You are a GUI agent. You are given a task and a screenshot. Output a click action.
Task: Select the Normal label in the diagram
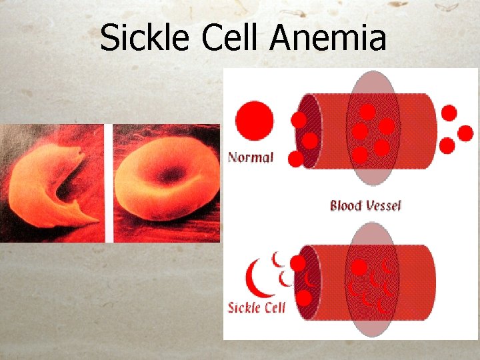(251, 158)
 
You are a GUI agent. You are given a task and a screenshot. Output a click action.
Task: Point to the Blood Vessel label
(365, 205)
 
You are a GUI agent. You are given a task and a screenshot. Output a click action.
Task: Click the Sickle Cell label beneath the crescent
(257, 307)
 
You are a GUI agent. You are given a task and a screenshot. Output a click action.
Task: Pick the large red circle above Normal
(255, 122)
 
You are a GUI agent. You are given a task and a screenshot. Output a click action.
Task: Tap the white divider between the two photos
(109, 183)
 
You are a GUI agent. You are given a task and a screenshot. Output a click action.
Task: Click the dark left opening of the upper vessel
(307, 130)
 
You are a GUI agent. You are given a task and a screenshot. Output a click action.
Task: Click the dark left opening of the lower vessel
(307, 280)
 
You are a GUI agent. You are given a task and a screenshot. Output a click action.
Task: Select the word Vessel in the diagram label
(382, 205)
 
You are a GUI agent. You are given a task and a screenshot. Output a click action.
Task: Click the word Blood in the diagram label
(345, 205)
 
